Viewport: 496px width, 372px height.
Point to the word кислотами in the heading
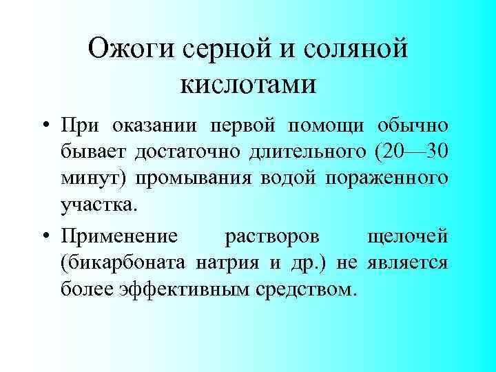[248, 84]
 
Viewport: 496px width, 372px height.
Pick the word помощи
[328, 127]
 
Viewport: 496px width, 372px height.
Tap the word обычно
[413, 127]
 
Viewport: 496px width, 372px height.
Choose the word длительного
[296, 153]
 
